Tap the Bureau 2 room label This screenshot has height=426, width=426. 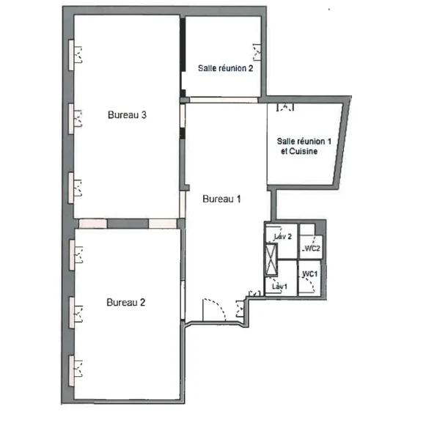point(127,302)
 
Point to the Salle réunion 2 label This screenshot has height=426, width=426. point(226,69)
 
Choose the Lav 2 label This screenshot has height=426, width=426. point(283,237)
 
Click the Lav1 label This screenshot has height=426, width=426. point(278,286)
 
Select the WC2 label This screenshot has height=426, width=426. point(312,249)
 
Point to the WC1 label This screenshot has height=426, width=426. point(309,273)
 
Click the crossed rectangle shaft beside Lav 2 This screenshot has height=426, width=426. point(272,257)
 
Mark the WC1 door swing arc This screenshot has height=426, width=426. point(311,286)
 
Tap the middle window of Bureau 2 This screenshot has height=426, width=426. point(75,311)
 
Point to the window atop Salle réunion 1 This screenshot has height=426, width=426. point(284,106)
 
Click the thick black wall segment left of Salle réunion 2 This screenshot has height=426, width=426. point(182,55)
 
